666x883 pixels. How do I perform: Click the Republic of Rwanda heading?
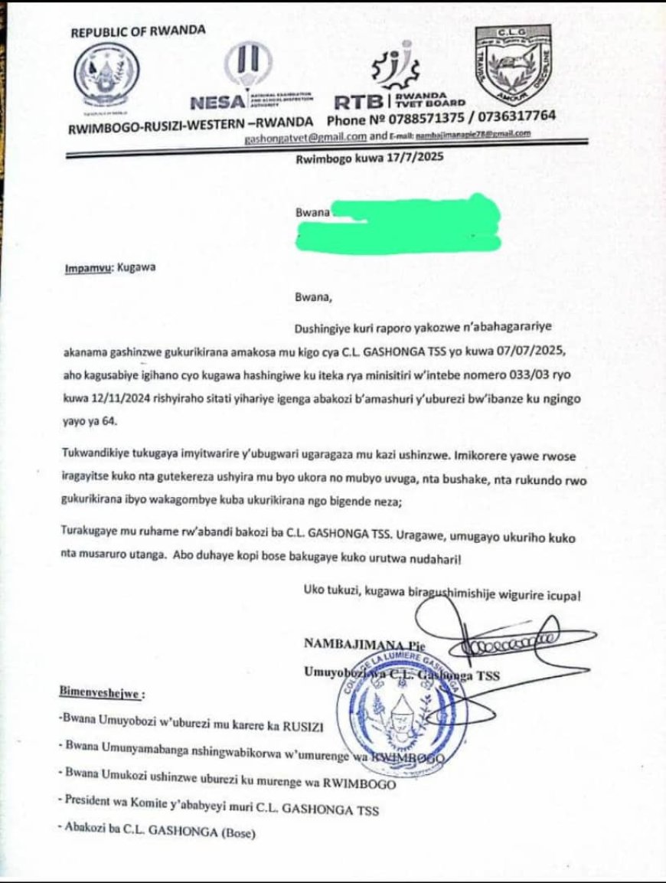(138, 31)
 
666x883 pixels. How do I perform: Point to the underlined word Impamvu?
(83, 269)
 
